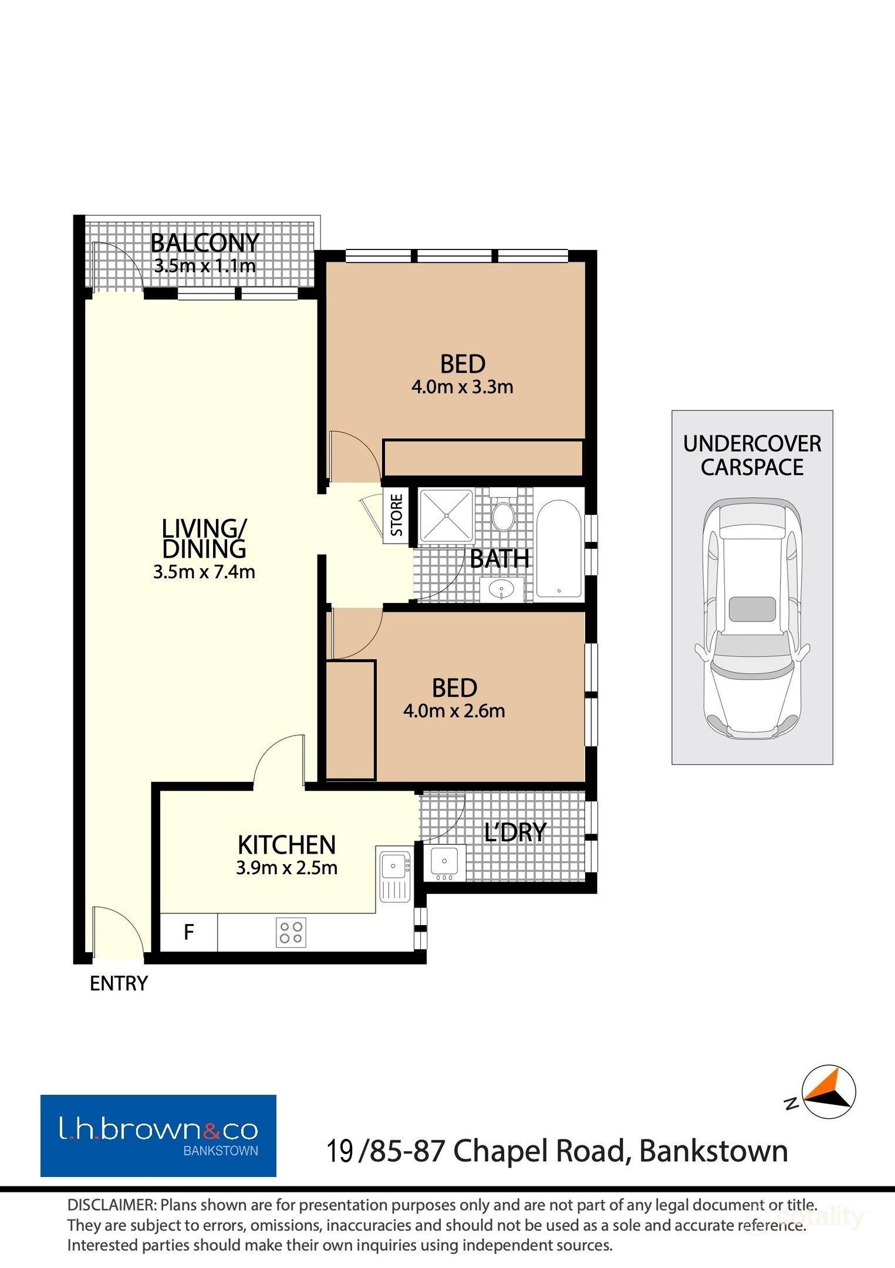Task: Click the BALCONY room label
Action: (x=205, y=242)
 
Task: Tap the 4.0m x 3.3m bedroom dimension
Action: (x=462, y=387)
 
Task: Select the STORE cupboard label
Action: (x=397, y=515)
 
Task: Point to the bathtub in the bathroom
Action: (x=559, y=549)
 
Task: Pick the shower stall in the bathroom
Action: (x=446, y=515)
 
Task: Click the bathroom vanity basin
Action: (x=502, y=589)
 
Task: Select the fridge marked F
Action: (x=189, y=932)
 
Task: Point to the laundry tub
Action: (x=444, y=862)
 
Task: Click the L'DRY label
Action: (x=515, y=832)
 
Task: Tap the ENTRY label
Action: (x=119, y=983)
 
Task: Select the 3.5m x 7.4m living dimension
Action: (x=204, y=572)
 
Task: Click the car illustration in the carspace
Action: (x=752, y=618)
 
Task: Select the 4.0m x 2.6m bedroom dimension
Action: (x=454, y=711)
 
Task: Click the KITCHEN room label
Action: (x=286, y=845)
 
